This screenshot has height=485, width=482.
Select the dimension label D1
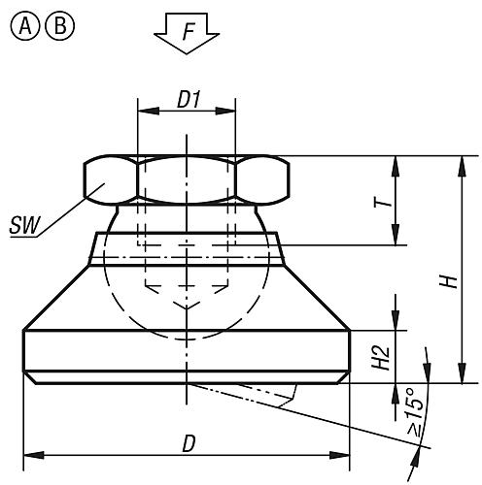pos(188,98)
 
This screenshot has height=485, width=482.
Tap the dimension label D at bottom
pos(189,442)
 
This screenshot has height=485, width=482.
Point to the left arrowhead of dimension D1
pos(144,111)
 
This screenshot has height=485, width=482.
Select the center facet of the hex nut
pos(188,180)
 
